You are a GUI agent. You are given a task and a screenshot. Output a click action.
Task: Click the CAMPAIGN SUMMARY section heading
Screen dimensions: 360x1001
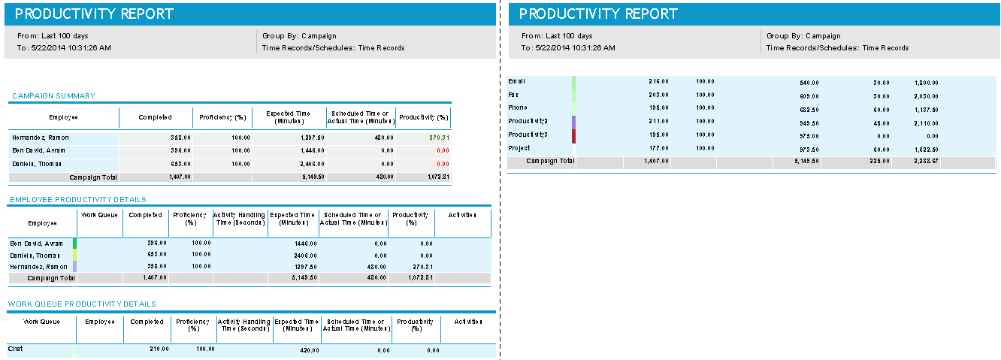click(53, 96)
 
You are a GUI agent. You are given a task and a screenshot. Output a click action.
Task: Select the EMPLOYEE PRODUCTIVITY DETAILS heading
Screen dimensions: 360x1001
click(77, 200)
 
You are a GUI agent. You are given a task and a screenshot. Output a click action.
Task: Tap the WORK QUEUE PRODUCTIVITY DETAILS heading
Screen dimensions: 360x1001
click(82, 304)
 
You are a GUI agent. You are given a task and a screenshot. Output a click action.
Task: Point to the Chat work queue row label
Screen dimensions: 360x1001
click(15, 349)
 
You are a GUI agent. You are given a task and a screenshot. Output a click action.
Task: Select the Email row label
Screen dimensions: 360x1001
click(517, 81)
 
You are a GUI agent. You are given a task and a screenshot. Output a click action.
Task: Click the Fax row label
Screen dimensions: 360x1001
click(514, 95)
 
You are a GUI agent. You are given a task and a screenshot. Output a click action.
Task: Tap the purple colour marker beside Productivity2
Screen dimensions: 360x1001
click(574, 122)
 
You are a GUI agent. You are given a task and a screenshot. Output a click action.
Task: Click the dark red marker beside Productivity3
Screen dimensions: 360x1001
click(574, 135)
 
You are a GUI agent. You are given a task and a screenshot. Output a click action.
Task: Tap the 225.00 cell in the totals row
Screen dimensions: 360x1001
click(879, 162)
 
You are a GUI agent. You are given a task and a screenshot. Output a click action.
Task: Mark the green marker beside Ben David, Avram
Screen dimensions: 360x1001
click(74, 244)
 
